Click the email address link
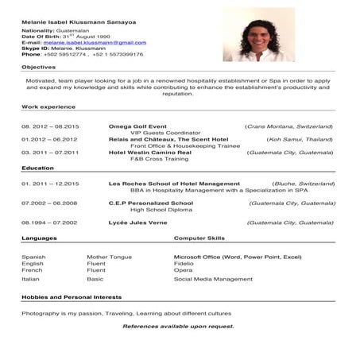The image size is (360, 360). pos(83,42)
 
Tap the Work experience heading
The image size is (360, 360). pos(48,106)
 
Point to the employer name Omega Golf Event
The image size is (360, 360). pos(137,126)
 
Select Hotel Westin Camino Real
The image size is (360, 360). pos(149,152)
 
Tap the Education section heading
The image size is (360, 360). pos(37,168)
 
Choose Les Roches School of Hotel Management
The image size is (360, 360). pos(174,184)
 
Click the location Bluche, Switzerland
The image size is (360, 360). pos(304,184)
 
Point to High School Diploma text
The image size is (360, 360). pos(158,209)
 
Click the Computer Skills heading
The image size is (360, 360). pos(199,238)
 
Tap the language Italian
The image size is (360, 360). pos(30,279)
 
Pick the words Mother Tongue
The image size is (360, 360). pos(109,257)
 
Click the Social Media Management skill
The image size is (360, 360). pos(213,279)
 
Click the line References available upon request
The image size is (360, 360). pos(178,326)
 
